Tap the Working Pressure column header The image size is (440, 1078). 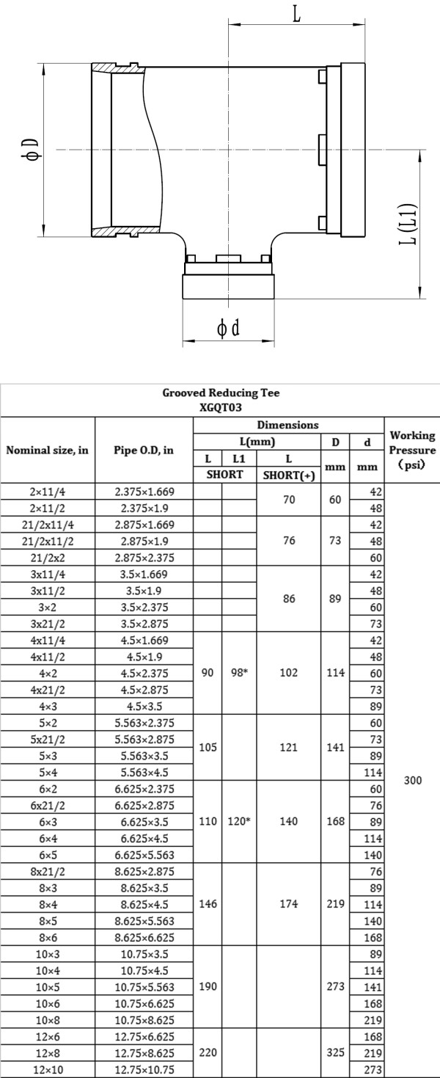[412, 451]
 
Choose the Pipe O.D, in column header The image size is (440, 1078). [144, 451]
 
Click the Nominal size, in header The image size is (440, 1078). [48, 451]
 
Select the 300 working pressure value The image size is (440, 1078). [412, 781]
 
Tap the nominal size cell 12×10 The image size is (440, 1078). [48, 1070]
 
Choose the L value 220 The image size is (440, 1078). [208, 1053]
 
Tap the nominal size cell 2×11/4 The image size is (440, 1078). [48, 490]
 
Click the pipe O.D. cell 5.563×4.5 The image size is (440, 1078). [144, 772]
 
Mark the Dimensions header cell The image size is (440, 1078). [289, 425]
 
